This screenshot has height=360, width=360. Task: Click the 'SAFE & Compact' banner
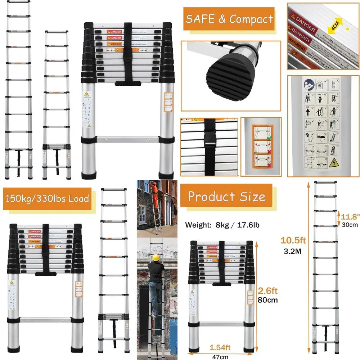point(229,19)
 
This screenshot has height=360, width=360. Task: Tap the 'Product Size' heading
point(226,197)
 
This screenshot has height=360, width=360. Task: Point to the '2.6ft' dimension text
point(267,291)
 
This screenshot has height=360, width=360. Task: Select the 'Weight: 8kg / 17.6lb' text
point(222,225)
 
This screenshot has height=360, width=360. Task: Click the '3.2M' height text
point(292,251)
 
